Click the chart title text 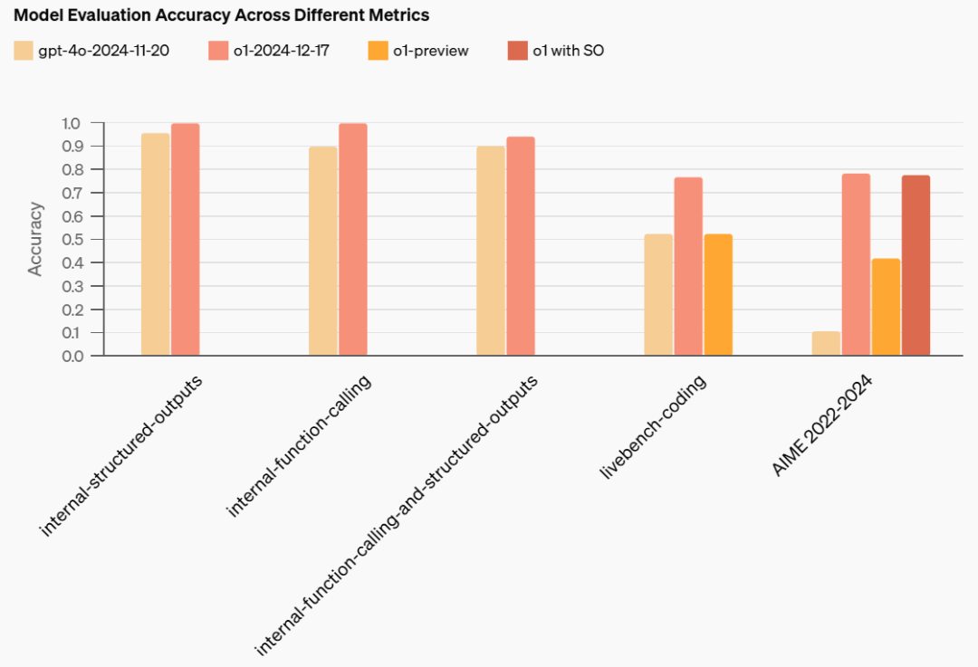point(221,15)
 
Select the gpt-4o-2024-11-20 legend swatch point(23,51)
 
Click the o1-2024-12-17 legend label point(281,51)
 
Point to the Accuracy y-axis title point(35,239)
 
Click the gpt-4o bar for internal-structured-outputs point(155,244)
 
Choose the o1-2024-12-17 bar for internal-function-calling point(352,239)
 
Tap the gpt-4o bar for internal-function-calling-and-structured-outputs point(491,251)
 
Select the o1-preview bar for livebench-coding point(718,295)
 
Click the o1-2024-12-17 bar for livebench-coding point(688,266)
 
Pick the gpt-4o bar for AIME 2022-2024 point(826,344)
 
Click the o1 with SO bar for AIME point(916,265)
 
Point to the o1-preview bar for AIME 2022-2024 point(886,307)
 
